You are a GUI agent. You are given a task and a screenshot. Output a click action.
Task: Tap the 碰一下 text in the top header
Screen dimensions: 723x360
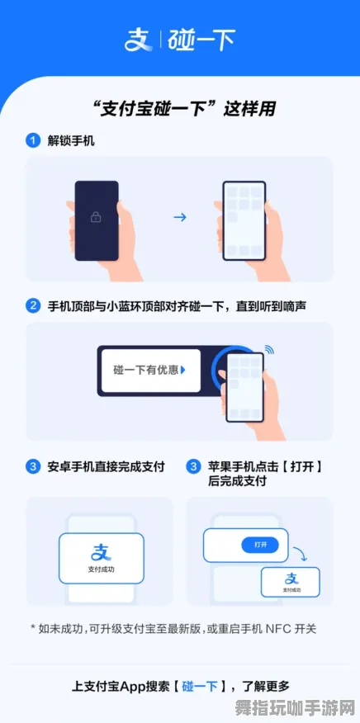pos(201,39)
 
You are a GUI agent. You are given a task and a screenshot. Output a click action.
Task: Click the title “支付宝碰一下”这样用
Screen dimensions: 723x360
pos(179,109)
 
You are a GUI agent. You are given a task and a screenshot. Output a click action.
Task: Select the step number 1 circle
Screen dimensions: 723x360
pos(33,141)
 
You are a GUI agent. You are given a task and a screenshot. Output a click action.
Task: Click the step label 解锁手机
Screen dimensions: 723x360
pos(73,141)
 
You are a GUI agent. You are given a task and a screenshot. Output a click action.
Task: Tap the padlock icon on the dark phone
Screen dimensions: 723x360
pos(97,217)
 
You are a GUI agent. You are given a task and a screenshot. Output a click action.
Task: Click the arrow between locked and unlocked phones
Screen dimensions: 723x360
pos(179,218)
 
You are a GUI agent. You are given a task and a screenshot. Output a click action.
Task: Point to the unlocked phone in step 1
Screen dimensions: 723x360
pos(244,220)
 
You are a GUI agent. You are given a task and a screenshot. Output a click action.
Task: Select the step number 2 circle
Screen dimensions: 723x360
pos(33,305)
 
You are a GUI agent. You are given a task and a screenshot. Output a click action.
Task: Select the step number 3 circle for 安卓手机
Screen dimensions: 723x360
pos(33,466)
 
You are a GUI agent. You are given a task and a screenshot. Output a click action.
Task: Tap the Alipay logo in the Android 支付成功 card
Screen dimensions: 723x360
pos(101,552)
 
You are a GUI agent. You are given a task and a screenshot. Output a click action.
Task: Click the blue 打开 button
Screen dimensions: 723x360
pos(260,545)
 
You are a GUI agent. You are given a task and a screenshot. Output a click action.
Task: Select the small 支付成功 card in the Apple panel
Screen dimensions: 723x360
pos(290,582)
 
